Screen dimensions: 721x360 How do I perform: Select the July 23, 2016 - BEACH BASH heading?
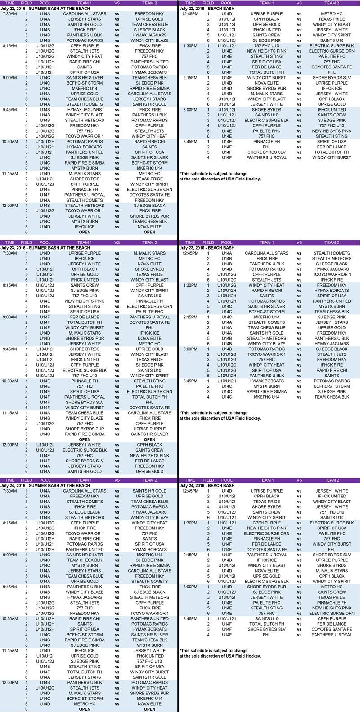pos(207,248)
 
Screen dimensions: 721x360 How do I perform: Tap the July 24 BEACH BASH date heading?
pos(207,486)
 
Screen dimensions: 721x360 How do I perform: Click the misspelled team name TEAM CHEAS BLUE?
pos(150,25)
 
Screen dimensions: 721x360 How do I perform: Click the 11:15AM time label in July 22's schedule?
pos(9,174)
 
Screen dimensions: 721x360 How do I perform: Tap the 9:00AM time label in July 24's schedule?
pos(9,555)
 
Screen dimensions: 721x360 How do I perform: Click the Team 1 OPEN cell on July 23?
pos(84,439)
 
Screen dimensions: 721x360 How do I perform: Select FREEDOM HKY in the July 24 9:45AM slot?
pos(84,614)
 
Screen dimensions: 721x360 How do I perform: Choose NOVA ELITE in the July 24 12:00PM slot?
pos(150,704)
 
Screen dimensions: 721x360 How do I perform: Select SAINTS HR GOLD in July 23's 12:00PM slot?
pos(84,471)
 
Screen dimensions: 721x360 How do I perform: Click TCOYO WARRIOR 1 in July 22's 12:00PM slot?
pos(84,210)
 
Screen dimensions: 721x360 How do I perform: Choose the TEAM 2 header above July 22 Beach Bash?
pos(332,3)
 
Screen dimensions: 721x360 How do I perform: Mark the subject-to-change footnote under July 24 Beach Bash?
pos(220,653)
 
